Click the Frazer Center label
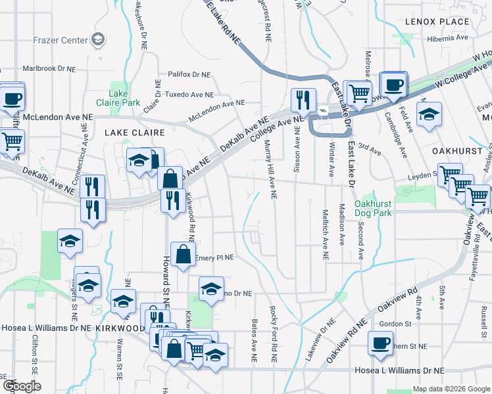60,40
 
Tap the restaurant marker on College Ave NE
303,99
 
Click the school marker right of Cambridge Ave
428,114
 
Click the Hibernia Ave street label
448,38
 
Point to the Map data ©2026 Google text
451,389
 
